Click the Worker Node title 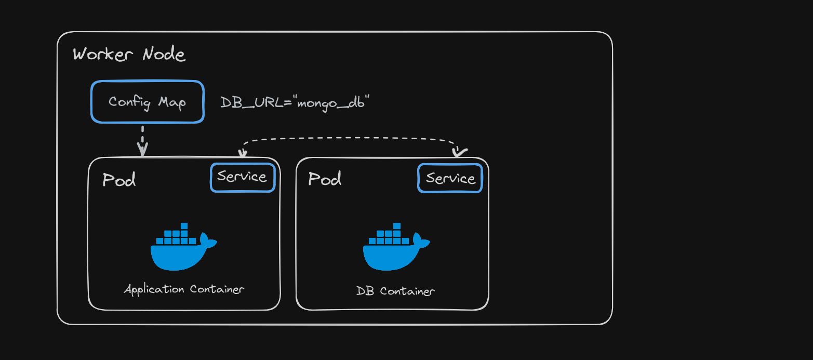pyautogui.click(x=129, y=54)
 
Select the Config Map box pyautogui.click(x=148, y=102)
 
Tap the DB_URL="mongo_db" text pyautogui.click(x=295, y=102)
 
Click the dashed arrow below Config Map pyautogui.click(x=142, y=139)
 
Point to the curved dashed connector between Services pyautogui.click(x=348, y=139)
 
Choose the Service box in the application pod pyautogui.click(x=242, y=177)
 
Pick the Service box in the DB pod pyautogui.click(x=450, y=178)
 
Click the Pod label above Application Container pyautogui.click(x=119, y=180)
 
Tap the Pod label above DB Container pyautogui.click(x=325, y=179)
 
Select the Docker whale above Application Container pyautogui.click(x=183, y=247)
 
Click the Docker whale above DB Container pyautogui.click(x=395, y=247)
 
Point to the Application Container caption pyautogui.click(x=184, y=289)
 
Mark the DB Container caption pyautogui.click(x=395, y=291)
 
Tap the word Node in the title pyautogui.click(x=164, y=54)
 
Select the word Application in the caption pyautogui.click(x=154, y=289)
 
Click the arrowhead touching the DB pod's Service pyautogui.click(x=459, y=152)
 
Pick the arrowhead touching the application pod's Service pyautogui.click(x=242, y=153)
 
